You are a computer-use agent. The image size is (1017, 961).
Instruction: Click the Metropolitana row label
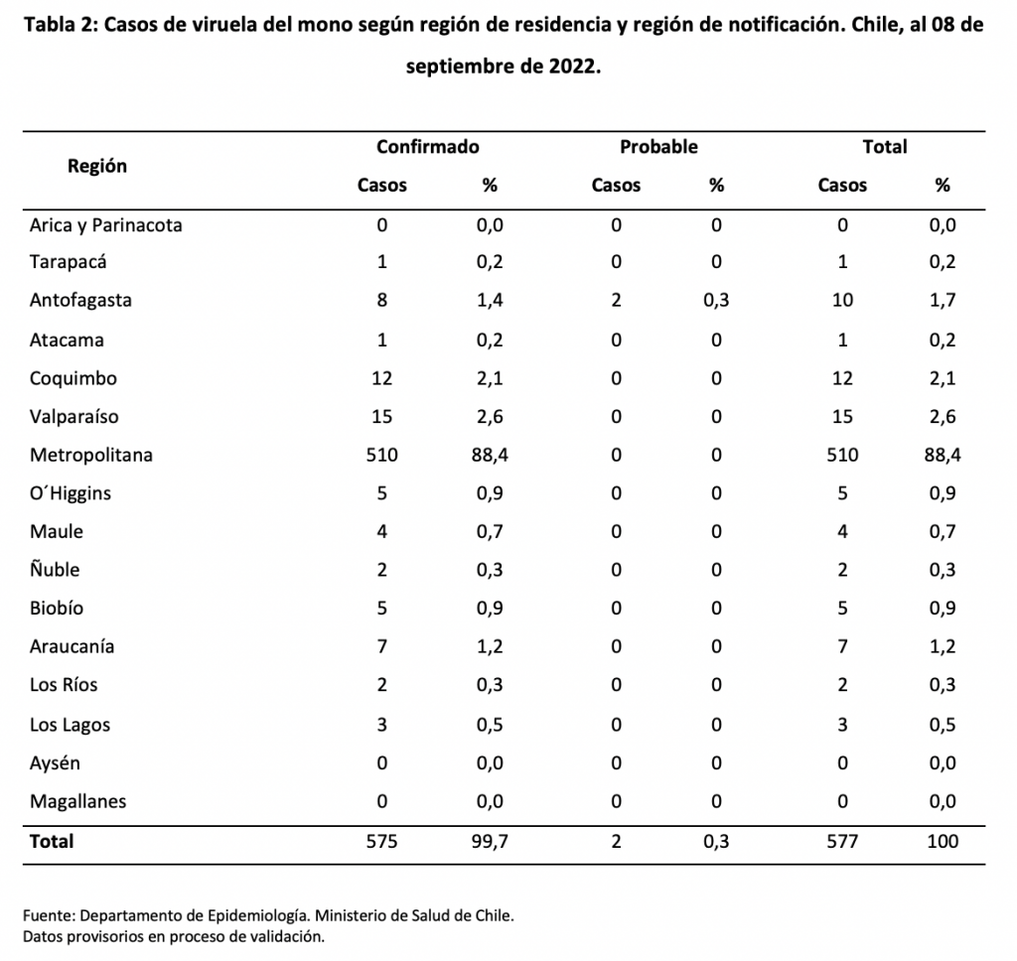(x=90, y=455)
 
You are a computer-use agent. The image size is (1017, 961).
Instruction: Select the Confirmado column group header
(x=427, y=147)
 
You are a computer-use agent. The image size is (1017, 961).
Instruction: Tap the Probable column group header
(x=658, y=147)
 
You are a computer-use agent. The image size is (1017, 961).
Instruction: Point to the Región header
(x=97, y=166)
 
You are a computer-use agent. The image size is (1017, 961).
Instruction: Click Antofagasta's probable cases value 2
(x=616, y=300)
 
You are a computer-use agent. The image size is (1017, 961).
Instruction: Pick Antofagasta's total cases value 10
(x=842, y=300)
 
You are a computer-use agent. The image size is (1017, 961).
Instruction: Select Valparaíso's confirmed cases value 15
(x=381, y=416)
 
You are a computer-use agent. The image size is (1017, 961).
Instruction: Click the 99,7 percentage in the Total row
(x=490, y=842)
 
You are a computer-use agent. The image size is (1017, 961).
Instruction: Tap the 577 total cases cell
(x=842, y=842)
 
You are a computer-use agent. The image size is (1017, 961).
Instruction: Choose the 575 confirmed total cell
(x=381, y=842)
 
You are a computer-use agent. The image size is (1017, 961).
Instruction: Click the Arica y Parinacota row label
(x=105, y=225)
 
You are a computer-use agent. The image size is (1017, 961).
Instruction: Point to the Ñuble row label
(x=55, y=569)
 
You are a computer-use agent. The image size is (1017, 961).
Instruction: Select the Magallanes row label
(x=77, y=801)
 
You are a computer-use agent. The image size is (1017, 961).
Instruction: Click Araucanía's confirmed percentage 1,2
(x=490, y=646)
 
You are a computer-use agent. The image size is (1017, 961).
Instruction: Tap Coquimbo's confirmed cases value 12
(x=381, y=378)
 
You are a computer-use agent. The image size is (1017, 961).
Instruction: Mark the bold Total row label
(x=52, y=841)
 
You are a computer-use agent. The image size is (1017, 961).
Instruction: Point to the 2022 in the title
(x=573, y=67)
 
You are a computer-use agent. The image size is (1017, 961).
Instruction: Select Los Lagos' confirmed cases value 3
(x=381, y=725)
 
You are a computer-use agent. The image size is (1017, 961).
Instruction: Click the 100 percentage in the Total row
(x=943, y=842)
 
